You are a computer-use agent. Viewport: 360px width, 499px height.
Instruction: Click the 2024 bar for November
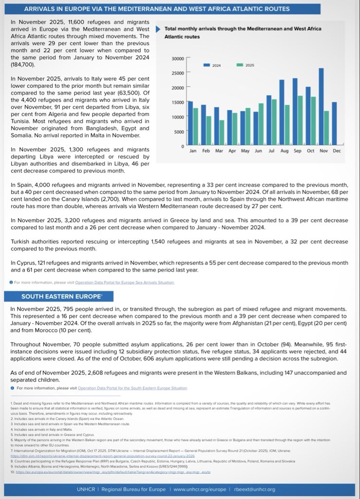[x=335, y=107]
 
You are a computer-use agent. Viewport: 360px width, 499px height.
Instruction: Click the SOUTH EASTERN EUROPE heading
[x=55, y=296]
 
